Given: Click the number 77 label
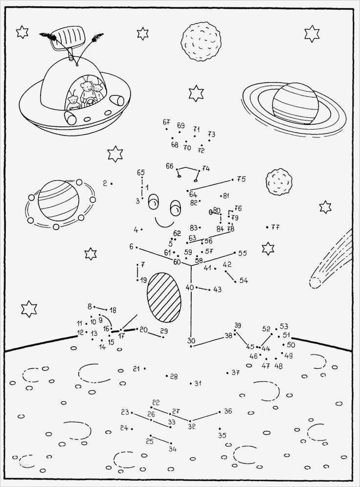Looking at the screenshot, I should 275,227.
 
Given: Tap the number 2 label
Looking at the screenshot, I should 105,183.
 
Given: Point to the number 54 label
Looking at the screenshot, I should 243,281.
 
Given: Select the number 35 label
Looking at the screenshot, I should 223,435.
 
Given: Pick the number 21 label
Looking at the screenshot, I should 136,368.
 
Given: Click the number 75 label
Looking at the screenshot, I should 241,179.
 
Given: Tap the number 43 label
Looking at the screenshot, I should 217,289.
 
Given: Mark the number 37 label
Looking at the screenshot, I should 236,373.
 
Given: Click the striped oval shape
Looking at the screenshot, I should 163,297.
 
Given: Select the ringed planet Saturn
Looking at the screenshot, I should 294,105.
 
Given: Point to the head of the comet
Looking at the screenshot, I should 315,282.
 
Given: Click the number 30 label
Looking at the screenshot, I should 191,341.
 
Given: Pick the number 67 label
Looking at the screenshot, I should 166,122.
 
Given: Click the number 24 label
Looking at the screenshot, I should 124,428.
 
